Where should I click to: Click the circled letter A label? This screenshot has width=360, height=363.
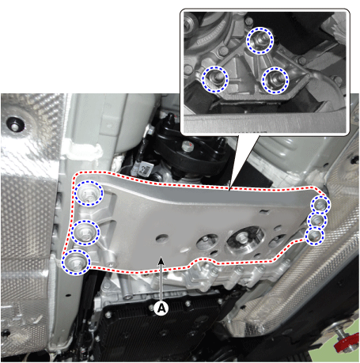(161, 308)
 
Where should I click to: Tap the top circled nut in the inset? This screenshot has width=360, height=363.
(260, 40)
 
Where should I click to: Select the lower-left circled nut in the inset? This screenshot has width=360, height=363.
(214, 79)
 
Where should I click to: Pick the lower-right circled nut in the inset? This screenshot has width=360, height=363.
(275, 80)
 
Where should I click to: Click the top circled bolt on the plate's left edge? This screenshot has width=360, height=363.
(89, 193)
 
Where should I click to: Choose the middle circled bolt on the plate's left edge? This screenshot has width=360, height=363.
(85, 233)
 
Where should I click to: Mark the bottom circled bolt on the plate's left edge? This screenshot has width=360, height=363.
(76, 262)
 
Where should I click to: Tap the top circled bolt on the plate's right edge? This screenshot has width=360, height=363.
(320, 204)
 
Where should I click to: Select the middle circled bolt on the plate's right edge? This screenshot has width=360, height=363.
(317, 221)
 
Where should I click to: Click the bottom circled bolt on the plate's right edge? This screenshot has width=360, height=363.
(314, 236)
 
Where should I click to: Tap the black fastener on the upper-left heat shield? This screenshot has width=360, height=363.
(15, 124)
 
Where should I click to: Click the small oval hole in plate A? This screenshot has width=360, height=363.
(162, 239)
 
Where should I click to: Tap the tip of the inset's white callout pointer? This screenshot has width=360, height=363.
(230, 189)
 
